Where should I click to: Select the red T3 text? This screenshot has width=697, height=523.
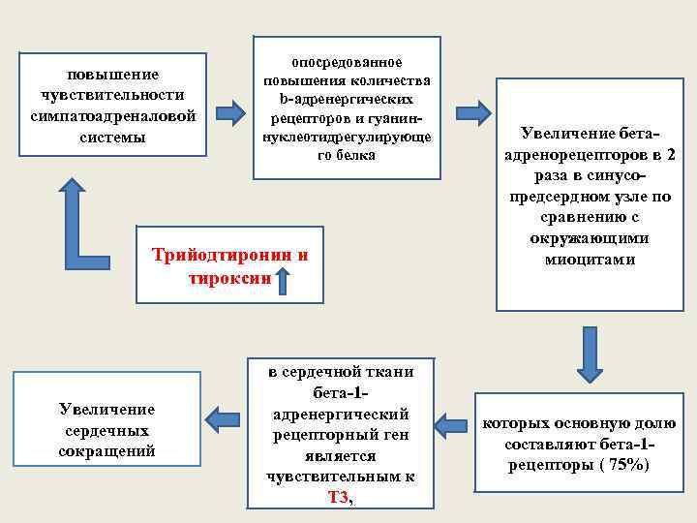[338, 497]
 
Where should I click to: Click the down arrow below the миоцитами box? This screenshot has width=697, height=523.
[591, 354]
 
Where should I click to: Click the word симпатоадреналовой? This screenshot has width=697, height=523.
[113, 115]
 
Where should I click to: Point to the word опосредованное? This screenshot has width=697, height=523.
[346, 62]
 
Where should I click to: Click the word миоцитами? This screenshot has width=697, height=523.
[590, 260]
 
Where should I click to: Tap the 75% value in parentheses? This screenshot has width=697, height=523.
[630, 465]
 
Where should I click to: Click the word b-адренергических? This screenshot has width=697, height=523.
[347, 99]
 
